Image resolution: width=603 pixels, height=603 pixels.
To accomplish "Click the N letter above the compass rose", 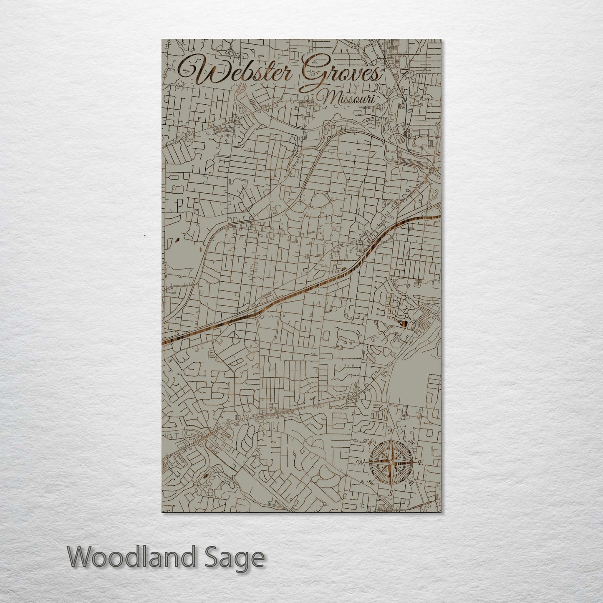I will point(391,431).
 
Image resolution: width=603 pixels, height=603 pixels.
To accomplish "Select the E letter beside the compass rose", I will point(421,462).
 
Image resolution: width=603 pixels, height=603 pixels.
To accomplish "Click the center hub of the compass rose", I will point(391,462).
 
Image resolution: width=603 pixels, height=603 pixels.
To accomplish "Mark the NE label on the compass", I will point(411,443).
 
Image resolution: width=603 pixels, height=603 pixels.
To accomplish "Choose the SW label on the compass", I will point(371,482).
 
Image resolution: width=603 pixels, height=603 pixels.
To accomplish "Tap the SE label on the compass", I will point(411,482).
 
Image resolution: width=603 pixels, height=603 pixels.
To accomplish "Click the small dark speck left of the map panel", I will point(144,236).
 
